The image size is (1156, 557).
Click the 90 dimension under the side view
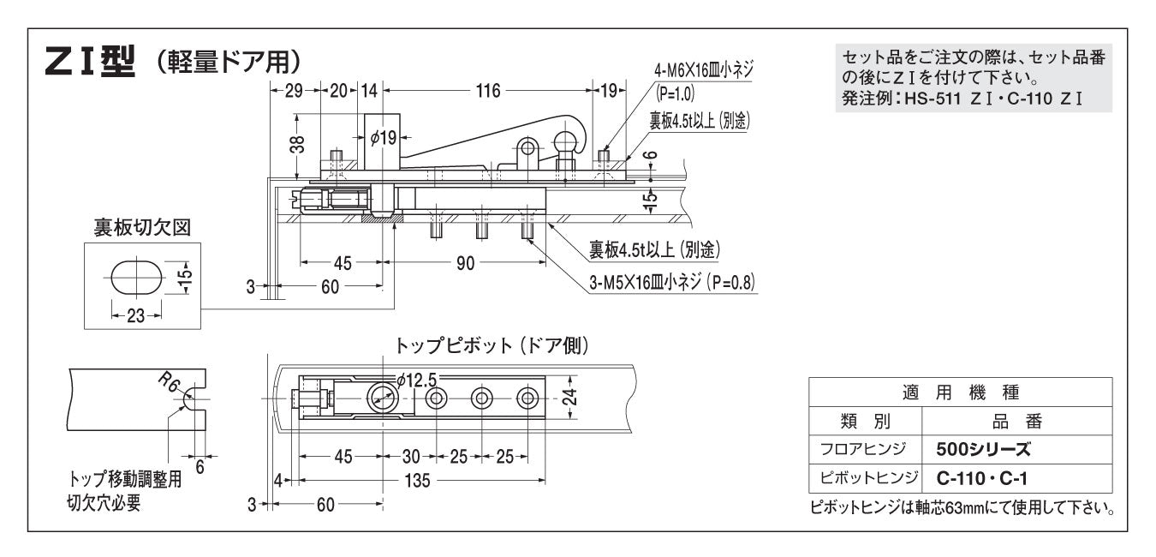[x=465, y=263]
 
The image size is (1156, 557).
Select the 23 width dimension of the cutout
[x=136, y=315]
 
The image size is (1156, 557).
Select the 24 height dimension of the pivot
[x=571, y=397]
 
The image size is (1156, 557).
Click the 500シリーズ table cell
[x=984, y=449]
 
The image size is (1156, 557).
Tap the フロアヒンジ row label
[x=865, y=449]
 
